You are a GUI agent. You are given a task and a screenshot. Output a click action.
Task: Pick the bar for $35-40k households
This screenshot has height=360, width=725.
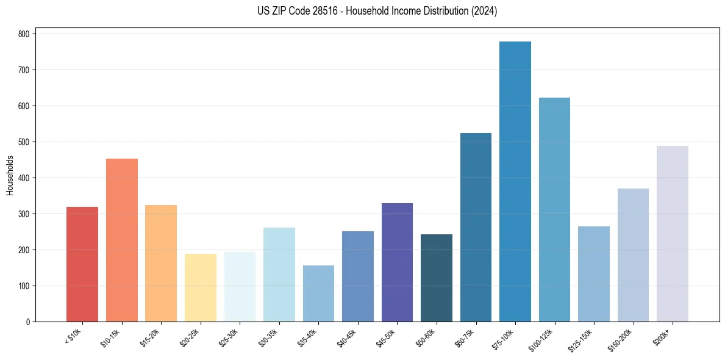318,293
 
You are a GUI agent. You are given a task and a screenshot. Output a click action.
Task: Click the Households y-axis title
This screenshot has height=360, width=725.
10,175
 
